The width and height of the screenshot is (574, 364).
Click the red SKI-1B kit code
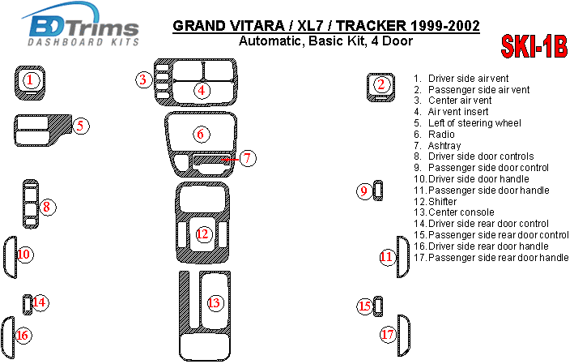point(534,46)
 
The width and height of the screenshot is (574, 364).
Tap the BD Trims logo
point(80,25)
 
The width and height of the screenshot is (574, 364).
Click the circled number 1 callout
point(30,80)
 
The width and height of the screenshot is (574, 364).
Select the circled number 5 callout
point(80,126)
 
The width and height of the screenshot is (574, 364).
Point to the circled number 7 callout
point(248,158)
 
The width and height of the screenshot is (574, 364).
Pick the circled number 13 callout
point(215,302)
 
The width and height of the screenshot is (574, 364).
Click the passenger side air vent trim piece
point(381,88)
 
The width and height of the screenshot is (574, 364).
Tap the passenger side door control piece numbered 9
point(378,191)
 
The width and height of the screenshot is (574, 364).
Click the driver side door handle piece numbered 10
point(11,257)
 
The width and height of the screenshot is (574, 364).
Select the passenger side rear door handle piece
point(404,336)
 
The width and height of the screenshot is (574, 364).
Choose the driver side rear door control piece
point(27,305)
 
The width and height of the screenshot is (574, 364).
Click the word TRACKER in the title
point(371,26)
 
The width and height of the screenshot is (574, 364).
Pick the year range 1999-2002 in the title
point(445,26)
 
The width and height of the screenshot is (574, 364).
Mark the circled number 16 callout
point(23,335)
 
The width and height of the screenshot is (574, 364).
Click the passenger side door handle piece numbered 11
point(403,257)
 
